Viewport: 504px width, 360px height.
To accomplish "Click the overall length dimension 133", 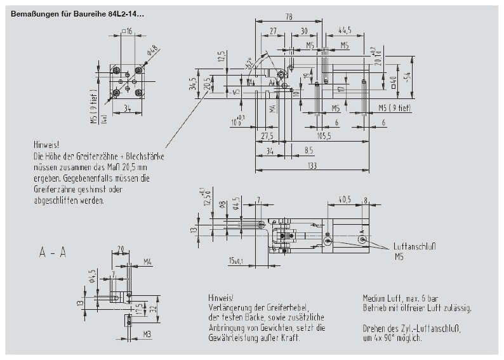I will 312,166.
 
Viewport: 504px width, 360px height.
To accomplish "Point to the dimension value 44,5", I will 345,30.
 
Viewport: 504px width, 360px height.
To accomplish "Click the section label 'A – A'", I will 53,253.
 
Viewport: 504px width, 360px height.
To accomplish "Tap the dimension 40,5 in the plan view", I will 344,199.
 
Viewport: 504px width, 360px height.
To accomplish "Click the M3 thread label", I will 146,333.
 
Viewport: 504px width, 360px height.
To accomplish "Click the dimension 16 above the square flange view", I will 128,30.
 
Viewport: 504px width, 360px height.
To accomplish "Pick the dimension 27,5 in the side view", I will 267,136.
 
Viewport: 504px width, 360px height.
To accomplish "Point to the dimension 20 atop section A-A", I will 120,249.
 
